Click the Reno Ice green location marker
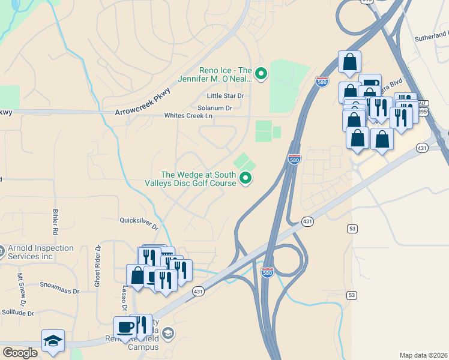[x=261, y=74]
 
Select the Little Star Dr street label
[x=225, y=96]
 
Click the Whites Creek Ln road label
[x=188, y=116]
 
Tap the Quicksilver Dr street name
[x=139, y=223]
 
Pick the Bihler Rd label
[x=54, y=223]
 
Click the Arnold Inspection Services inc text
[x=41, y=252]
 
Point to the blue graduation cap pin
[x=53, y=341]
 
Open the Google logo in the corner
[x=20, y=353]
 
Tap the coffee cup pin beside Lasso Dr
[x=125, y=327]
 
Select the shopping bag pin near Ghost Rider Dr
[x=137, y=275]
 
